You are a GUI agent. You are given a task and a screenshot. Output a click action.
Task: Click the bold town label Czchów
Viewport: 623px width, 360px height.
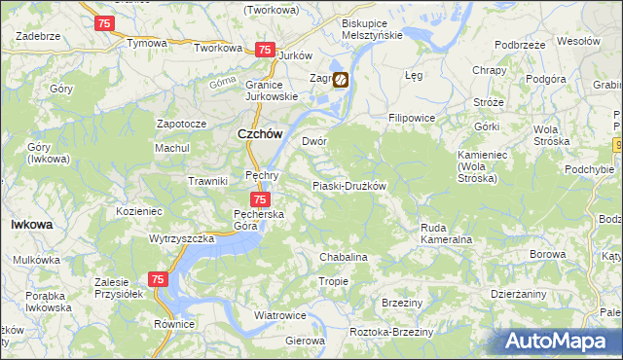pos(261,135)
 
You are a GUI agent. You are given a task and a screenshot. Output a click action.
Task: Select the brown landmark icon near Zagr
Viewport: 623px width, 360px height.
pos(341,82)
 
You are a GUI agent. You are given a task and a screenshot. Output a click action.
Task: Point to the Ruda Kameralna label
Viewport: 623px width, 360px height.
pos(446,234)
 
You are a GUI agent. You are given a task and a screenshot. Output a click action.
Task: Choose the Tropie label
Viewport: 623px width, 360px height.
pos(333,281)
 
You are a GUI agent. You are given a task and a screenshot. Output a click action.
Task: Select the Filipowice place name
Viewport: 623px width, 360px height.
pos(412,118)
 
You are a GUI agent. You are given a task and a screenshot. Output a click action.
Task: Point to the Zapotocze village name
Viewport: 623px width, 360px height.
pos(182,125)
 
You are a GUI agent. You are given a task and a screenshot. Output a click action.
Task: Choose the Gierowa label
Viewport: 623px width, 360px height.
pos(305,342)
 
